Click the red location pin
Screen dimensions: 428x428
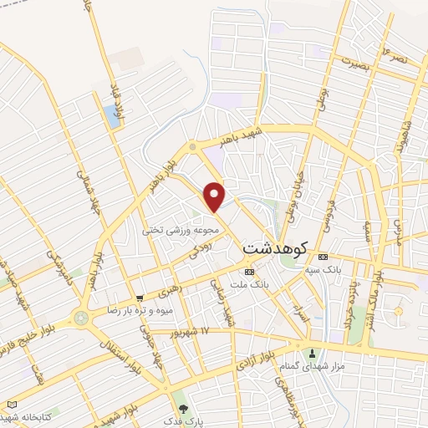click(215, 196)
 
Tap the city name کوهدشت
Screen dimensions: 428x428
click(275, 248)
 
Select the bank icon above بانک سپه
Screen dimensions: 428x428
click(323, 256)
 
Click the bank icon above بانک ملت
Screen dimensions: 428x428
click(249, 273)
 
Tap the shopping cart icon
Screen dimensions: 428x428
click(140, 297)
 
